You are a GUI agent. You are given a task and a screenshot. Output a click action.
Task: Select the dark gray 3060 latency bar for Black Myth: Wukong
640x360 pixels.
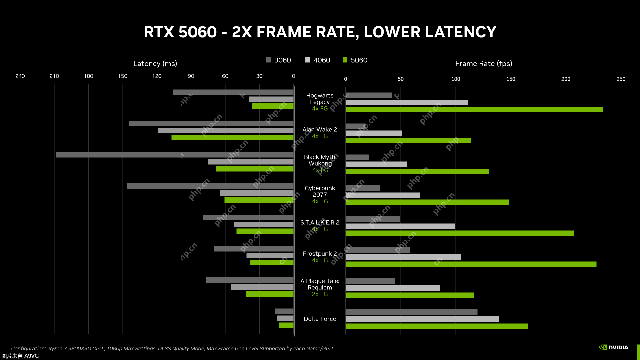pyautogui.click(x=175, y=155)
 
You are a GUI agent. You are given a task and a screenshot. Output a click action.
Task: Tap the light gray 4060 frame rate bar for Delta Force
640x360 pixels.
pyautogui.click(x=422, y=319)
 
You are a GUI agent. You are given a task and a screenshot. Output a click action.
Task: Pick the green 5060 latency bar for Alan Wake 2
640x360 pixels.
pyautogui.click(x=232, y=137)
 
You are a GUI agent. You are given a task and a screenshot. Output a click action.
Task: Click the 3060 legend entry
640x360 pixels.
pyautogui.click(x=279, y=60)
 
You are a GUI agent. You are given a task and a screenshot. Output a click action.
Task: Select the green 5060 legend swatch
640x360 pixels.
pyautogui.click(x=345, y=60)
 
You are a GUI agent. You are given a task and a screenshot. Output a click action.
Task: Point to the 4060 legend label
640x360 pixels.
pyautogui.click(x=322, y=60)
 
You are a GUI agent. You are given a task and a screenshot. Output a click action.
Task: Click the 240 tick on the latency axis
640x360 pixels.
pyautogui.click(x=20, y=76)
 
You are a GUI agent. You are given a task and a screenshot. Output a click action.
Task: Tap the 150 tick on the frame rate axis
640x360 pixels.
pyautogui.click(x=510, y=79)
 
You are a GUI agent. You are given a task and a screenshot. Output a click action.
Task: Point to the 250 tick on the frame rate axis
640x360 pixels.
pyautogui.click(x=620, y=79)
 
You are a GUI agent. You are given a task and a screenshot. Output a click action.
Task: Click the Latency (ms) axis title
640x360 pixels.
pyautogui.click(x=155, y=64)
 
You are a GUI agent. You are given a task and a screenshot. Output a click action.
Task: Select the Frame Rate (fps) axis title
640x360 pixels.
pyautogui.click(x=483, y=64)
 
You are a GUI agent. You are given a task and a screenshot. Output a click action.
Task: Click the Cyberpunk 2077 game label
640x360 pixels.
pyautogui.click(x=320, y=191)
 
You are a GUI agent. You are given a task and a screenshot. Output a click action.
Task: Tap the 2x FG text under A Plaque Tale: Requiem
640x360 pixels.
pyautogui.click(x=320, y=294)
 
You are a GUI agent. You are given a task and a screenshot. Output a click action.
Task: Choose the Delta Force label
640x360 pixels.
pyautogui.click(x=320, y=319)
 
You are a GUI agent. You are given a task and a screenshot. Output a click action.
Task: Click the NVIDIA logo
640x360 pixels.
pyautogui.click(x=614, y=347)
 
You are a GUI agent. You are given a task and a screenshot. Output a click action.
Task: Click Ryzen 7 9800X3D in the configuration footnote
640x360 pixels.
pyautogui.click(x=75, y=349)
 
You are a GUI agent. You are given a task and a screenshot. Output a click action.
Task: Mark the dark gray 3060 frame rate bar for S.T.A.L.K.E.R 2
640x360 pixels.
pyautogui.click(x=373, y=219)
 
